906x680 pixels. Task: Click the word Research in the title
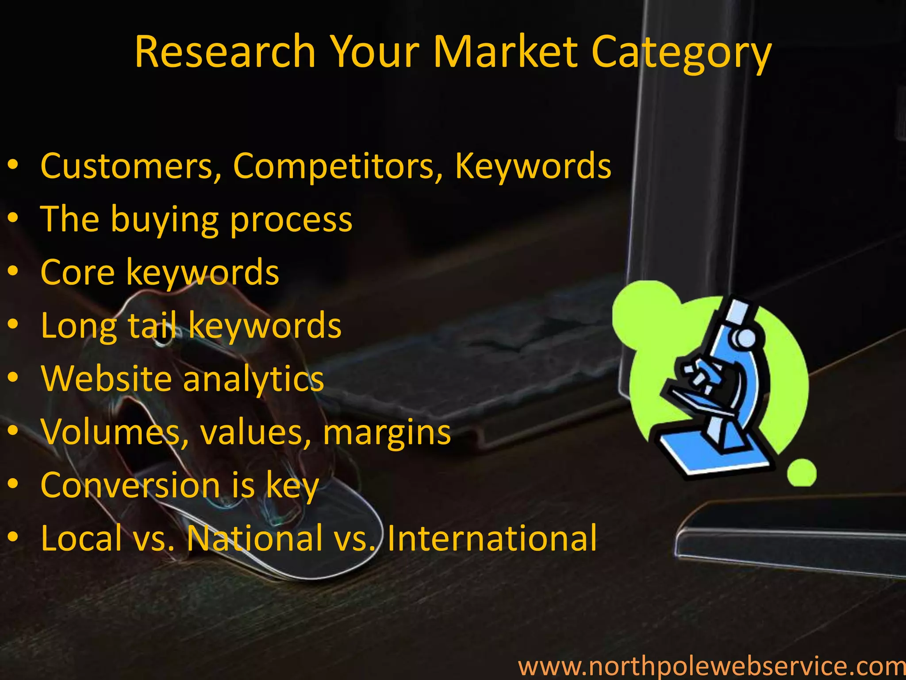(x=225, y=52)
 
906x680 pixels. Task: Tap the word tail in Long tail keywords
(x=153, y=325)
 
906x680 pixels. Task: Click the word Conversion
(x=130, y=485)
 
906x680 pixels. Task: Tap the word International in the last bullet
(x=492, y=538)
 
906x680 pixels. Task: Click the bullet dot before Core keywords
(x=13, y=271)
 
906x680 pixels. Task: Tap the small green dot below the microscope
(x=802, y=472)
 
